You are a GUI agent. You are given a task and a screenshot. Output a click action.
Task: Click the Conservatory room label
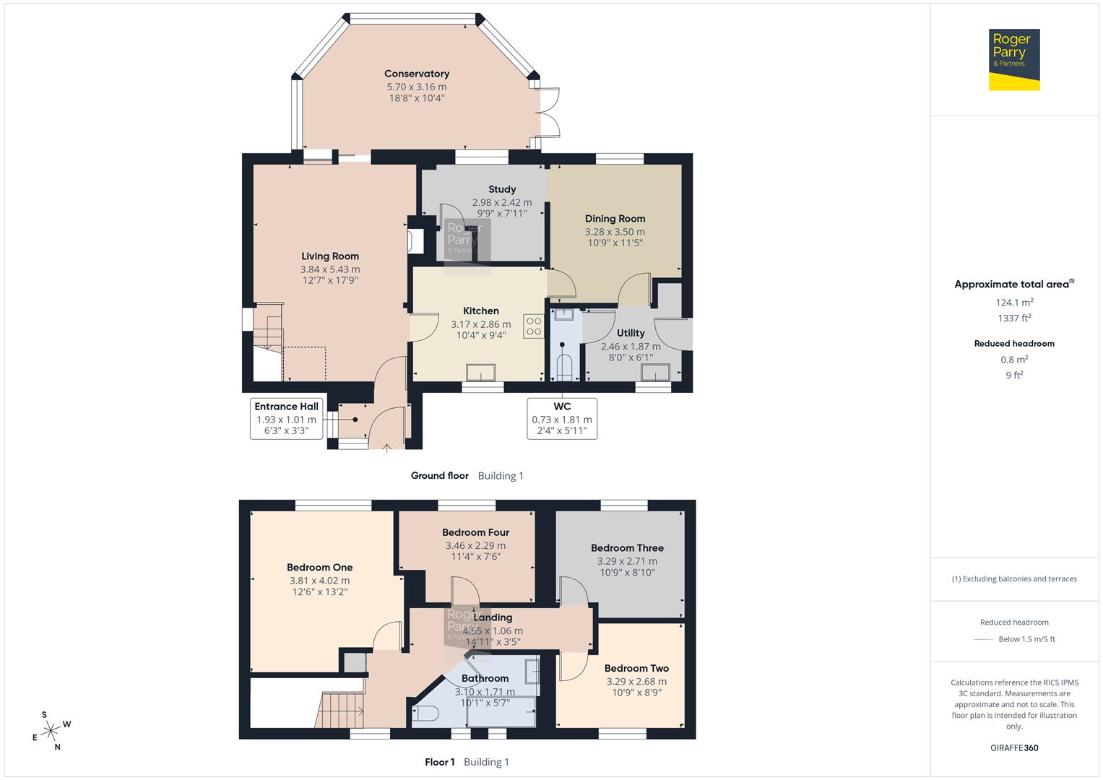pos(416,74)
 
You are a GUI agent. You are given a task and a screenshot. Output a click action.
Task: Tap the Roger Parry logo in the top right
pos(1013,59)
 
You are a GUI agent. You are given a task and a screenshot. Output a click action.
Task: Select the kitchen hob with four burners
pos(534,326)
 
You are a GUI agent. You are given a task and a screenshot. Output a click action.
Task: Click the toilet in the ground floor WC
pos(563,365)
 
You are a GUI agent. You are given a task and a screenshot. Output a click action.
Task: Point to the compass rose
pos(51,731)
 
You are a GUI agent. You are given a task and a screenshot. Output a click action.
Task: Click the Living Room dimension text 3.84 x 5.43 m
pos(330,269)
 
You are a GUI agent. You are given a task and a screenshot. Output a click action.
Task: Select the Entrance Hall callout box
pos(286,418)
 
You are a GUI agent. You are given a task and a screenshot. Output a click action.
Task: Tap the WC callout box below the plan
pos(561,418)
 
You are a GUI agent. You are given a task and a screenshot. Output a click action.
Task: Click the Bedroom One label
pos(319,568)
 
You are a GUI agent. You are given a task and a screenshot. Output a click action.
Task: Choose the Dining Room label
pos(615,219)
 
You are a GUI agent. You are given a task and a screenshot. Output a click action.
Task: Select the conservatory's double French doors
pos(550,112)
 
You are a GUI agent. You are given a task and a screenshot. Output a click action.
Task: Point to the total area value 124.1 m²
pos(1013,303)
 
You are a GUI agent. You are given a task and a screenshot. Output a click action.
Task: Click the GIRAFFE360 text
pos(1014,747)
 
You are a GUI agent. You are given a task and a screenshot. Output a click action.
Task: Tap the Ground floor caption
pos(439,476)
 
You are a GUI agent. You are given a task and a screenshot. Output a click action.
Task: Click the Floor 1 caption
pos(439,762)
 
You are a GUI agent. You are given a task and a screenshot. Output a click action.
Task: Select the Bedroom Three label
pos(627,548)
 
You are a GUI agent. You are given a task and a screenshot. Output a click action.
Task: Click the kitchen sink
pos(480,373)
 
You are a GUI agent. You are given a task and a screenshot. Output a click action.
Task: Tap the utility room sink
pos(656,372)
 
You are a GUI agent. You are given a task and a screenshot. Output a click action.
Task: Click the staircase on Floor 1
pos(338,709)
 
